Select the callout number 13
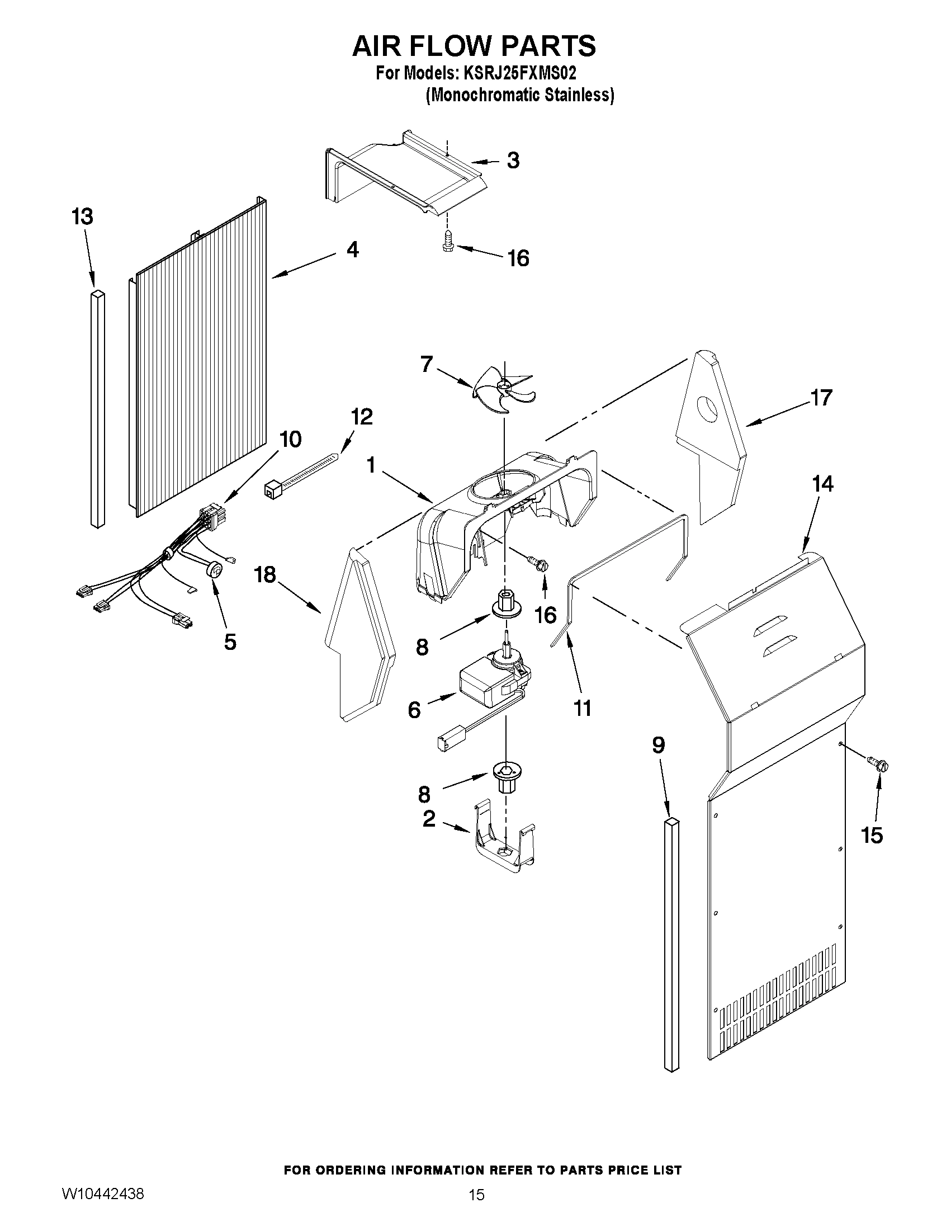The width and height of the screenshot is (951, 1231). pyautogui.click(x=82, y=217)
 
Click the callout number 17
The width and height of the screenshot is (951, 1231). pyautogui.click(x=821, y=398)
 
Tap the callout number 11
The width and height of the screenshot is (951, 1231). pyautogui.click(x=583, y=709)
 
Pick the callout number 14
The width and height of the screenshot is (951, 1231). pyautogui.click(x=822, y=484)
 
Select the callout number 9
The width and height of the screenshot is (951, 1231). pyautogui.click(x=658, y=746)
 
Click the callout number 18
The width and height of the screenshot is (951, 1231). pyautogui.click(x=264, y=575)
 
